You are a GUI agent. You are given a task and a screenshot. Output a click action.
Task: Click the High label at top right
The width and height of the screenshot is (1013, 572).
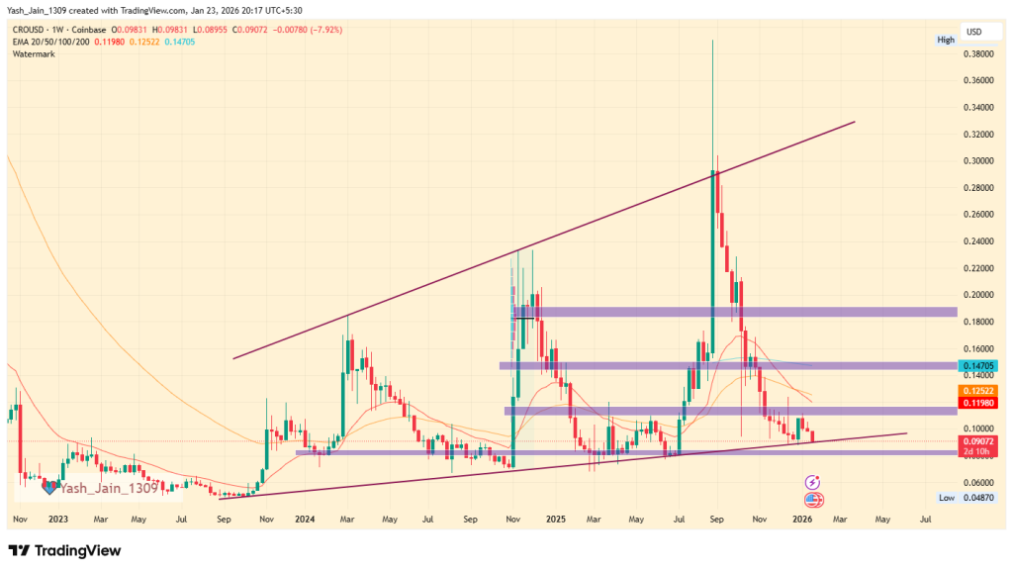click(x=946, y=40)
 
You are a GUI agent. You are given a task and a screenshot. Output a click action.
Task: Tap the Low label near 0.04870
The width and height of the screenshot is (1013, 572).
click(x=946, y=498)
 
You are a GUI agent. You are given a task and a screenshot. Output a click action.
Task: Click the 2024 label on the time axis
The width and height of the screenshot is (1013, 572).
click(x=305, y=519)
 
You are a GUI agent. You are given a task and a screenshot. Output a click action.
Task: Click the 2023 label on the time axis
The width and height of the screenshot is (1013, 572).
click(x=57, y=519)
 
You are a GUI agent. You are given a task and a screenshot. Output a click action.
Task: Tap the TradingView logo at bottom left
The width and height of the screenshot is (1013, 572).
click(x=65, y=550)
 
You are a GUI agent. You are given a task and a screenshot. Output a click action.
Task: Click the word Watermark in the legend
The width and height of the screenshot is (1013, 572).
click(x=34, y=53)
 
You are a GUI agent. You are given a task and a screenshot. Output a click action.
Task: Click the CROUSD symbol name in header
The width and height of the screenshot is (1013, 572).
click(x=31, y=30)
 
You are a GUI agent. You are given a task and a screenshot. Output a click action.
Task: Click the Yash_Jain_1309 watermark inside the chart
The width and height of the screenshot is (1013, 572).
click(x=105, y=487)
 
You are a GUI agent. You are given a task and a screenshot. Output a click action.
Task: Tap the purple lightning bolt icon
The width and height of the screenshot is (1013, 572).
click(x=813, y=482)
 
